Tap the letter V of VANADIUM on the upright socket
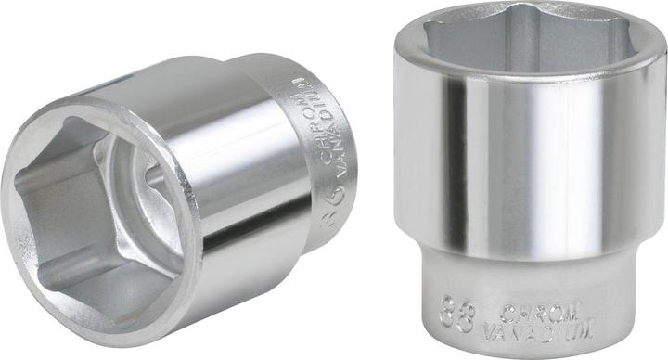click(x=491, y=328)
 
